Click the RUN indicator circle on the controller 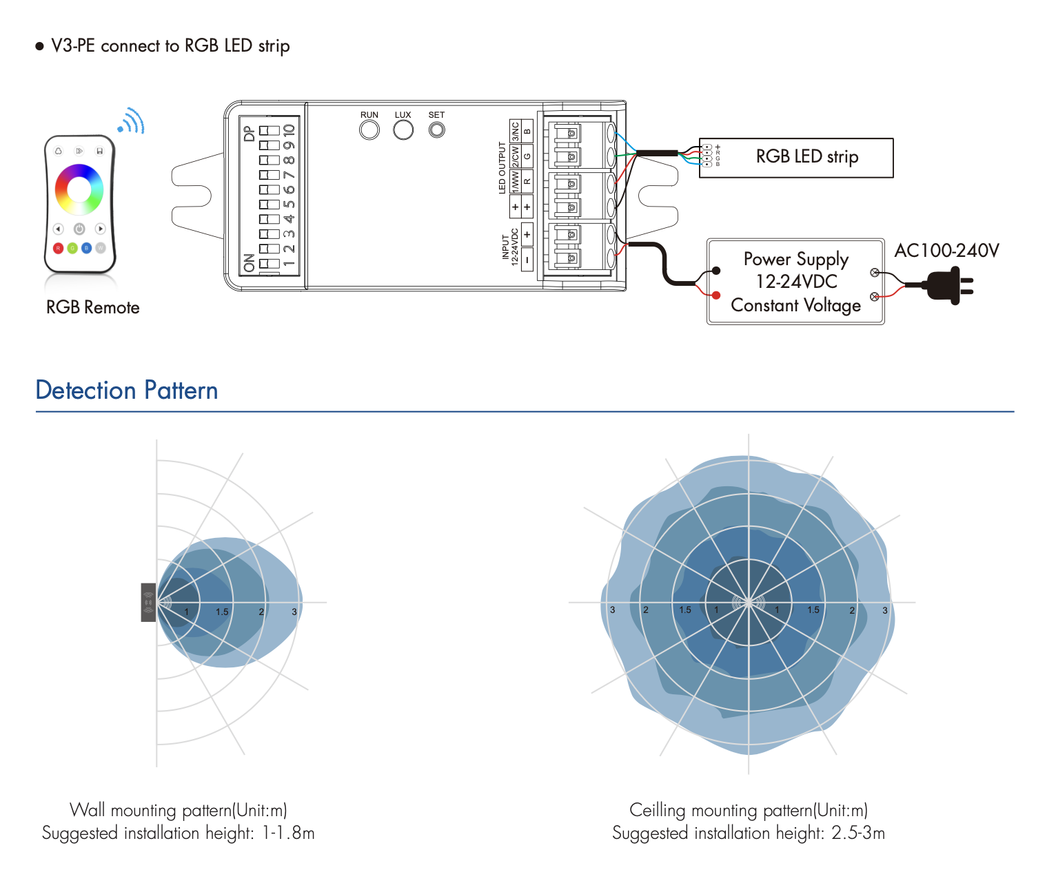coord(369,129)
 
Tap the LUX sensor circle coord(403,129)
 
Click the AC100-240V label coord(946,251)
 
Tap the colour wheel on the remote coord(79,189)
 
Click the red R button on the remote coord(58,248)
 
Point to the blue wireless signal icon coord(132,121)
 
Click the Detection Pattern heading coord(127,391)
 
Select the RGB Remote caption coord(92,308)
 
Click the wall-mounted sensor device coord(148,603)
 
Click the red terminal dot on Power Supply coord(716,295)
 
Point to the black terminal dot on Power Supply coord(716,271)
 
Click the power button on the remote coord(79,229)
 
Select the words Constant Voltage coord(795,305)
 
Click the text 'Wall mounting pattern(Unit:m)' coord(178,810)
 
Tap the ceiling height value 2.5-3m coord(858,833)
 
